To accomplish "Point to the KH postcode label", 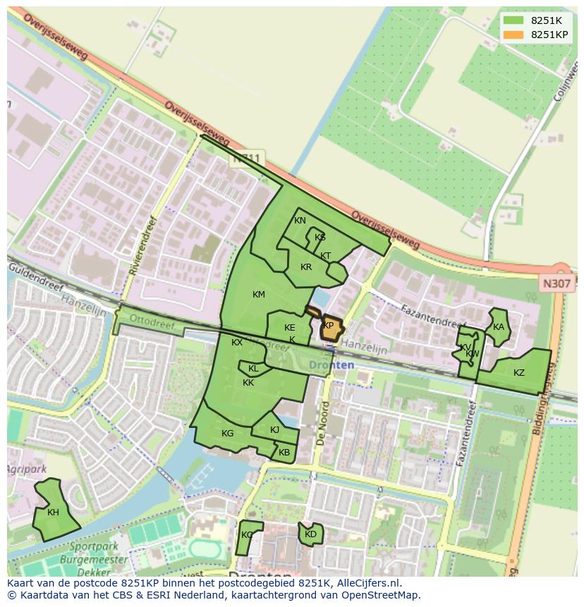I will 54,513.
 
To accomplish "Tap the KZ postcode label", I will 519,373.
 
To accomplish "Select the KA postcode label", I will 499,327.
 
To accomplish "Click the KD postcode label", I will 310,534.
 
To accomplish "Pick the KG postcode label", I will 227,434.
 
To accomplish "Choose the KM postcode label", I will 259,295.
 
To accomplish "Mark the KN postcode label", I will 300,221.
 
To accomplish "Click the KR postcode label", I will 306,268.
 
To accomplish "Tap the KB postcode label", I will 284,453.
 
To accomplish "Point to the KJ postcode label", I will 275,430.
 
